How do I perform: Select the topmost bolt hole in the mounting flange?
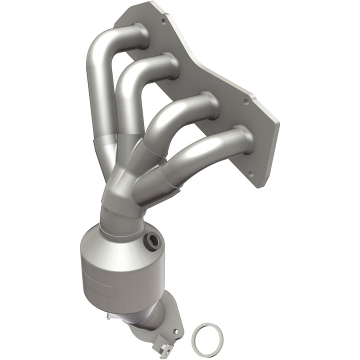pos(163,21)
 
